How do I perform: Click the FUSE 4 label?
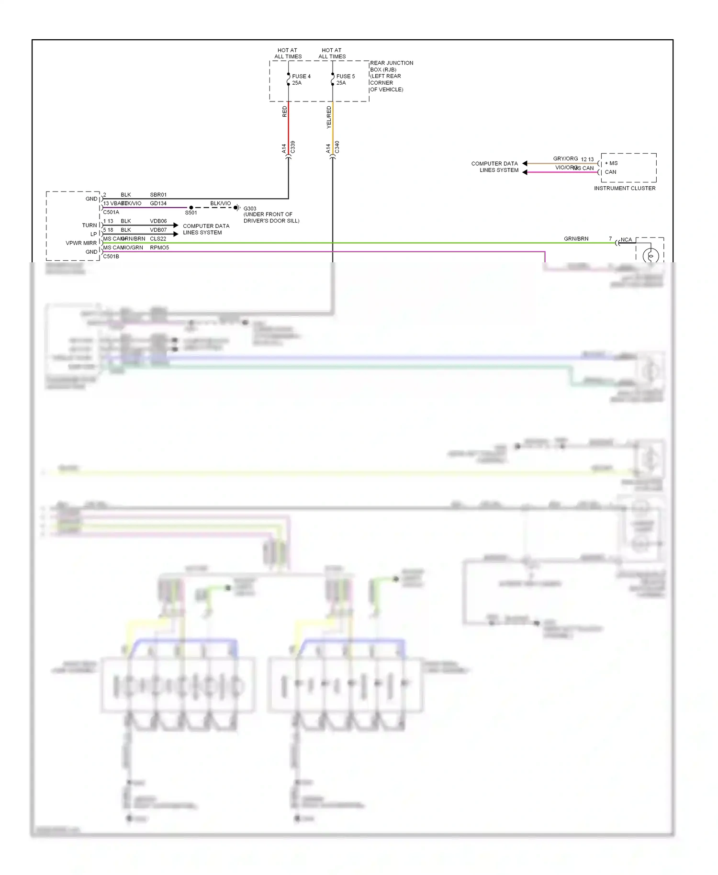tap(301, 76)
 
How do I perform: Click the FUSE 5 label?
tap(345, 76)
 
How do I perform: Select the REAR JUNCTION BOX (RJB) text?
tap(391, 66)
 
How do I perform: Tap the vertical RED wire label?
tap(285, 112)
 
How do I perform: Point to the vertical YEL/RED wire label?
tap(329, 117)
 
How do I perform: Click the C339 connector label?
tap(292, 147)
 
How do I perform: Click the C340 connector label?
tap(337, 147)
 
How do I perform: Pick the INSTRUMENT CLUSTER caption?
tap(625, 188)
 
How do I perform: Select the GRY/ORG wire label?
tap(565, 158)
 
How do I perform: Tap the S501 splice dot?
tap(191, 208)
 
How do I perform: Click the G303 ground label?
tap(250, 209)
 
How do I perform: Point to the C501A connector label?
tap(111, 212)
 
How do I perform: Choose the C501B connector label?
tap(111, 257)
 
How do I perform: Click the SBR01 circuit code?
tap(158, 195)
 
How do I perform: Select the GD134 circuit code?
tap(158, 203)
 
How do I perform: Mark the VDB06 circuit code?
tap(158, 221)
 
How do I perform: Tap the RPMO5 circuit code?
tap(159, 247)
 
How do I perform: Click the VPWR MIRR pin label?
tap(81, 243)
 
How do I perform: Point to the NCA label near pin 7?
tap(626, 240)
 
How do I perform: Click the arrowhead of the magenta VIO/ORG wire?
tap(525, 172)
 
